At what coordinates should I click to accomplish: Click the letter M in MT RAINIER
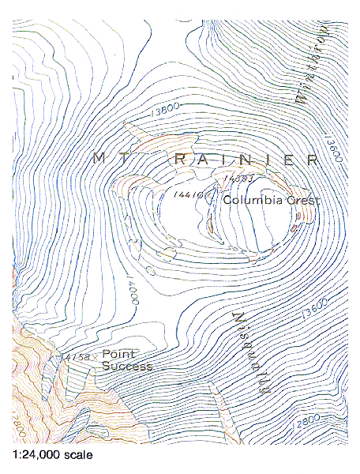coord(99,158)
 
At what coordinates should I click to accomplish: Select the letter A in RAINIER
coord(204,159)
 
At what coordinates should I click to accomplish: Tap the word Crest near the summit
coord(302,201)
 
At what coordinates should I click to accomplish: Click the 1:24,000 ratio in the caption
coord(36,455)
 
